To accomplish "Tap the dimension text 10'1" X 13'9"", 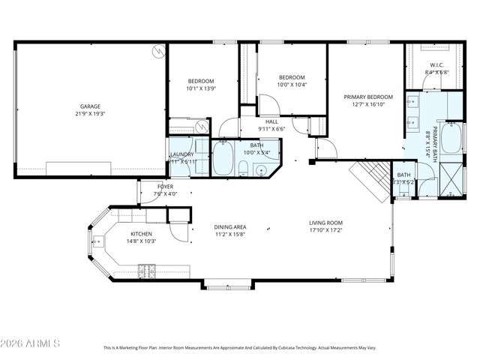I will click(201, 89).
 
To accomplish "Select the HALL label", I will click(272, 121).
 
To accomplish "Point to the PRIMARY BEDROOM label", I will click(368, 97).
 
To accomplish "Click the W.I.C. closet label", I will click(436, 64).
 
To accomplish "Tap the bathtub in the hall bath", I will click(224, 159).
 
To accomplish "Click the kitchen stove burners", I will click(145, 268).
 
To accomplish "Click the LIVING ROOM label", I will click(325, 223).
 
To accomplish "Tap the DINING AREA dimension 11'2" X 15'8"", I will click(230, 234).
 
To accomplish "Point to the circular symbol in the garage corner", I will click(158, 51).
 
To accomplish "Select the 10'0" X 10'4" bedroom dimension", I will click(292, 85).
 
